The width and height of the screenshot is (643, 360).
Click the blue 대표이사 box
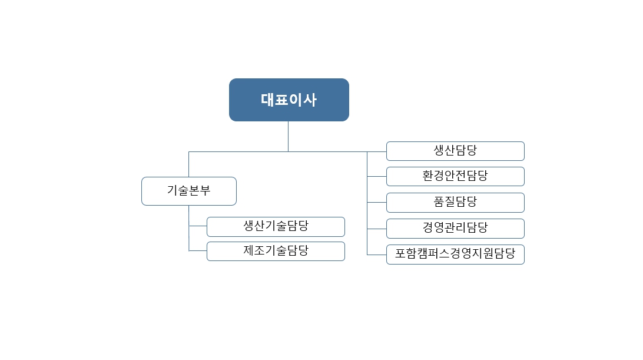point(289,100)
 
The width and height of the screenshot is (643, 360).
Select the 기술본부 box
point(188,191)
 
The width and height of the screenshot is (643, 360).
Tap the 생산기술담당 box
point(276,226)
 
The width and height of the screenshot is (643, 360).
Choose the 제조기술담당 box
point(276,251)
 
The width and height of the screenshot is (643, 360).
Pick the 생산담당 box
point(455,151)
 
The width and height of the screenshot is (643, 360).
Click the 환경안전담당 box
point(455,176)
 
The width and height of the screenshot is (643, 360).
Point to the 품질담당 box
point(455,202)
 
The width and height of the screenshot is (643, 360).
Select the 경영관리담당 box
point(455,228)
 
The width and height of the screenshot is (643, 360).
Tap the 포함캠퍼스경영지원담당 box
point(455,255)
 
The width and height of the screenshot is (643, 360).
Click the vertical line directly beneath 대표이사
point(288,136)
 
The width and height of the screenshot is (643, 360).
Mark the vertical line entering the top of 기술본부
point(188,164)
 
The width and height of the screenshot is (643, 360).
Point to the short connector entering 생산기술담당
point(198,226)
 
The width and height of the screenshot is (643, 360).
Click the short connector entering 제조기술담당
point(198,251)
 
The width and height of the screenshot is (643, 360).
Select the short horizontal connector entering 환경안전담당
point(377,176)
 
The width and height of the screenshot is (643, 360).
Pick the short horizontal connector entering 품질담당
point(377,202)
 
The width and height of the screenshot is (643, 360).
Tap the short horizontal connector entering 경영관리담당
point(377,228)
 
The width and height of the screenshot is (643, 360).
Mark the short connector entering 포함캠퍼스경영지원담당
point(377,255)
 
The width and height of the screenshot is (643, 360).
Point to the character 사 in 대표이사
point(310,100)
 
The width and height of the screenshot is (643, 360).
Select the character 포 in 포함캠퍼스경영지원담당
point(401,255)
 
